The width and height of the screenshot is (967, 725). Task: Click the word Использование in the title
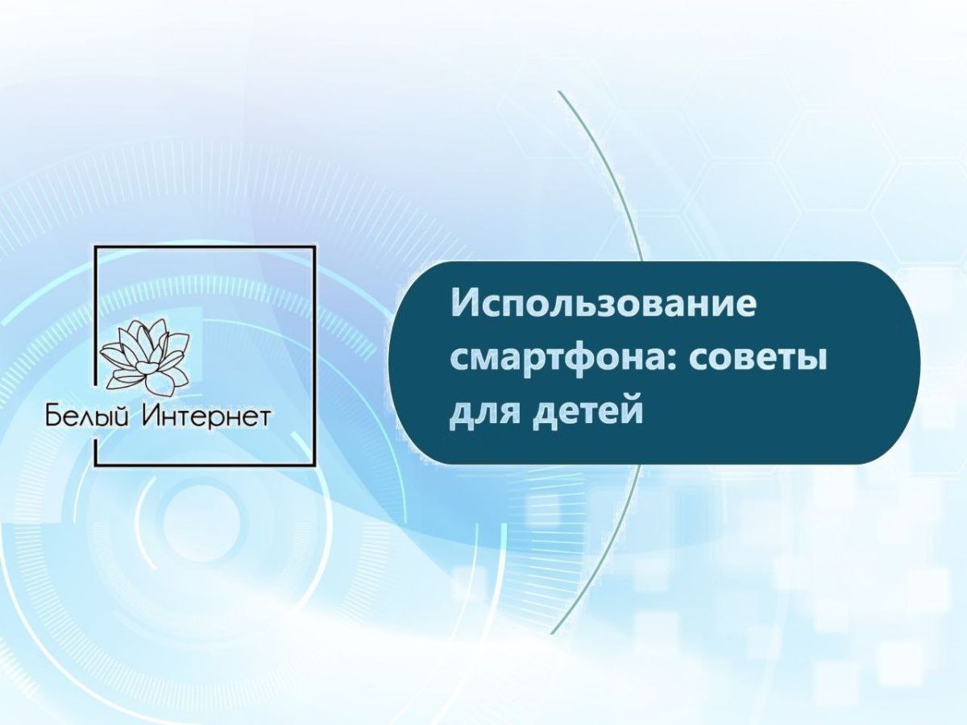point(603,304)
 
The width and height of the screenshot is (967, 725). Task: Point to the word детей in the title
point(588,410)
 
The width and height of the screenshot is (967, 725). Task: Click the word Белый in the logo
point(87,416)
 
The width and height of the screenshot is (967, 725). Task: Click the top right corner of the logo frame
point(314,247)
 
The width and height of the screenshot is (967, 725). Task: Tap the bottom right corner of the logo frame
point(314,466)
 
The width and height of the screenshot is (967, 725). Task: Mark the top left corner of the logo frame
point(97,247)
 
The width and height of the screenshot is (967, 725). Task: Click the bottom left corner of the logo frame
point(97,466)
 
